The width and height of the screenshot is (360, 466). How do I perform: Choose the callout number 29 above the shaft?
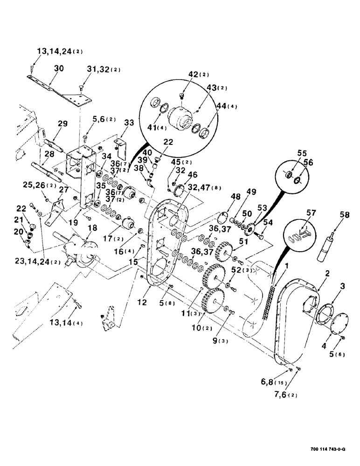(63, 124)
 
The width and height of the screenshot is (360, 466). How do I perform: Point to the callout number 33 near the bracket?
(129, 123)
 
